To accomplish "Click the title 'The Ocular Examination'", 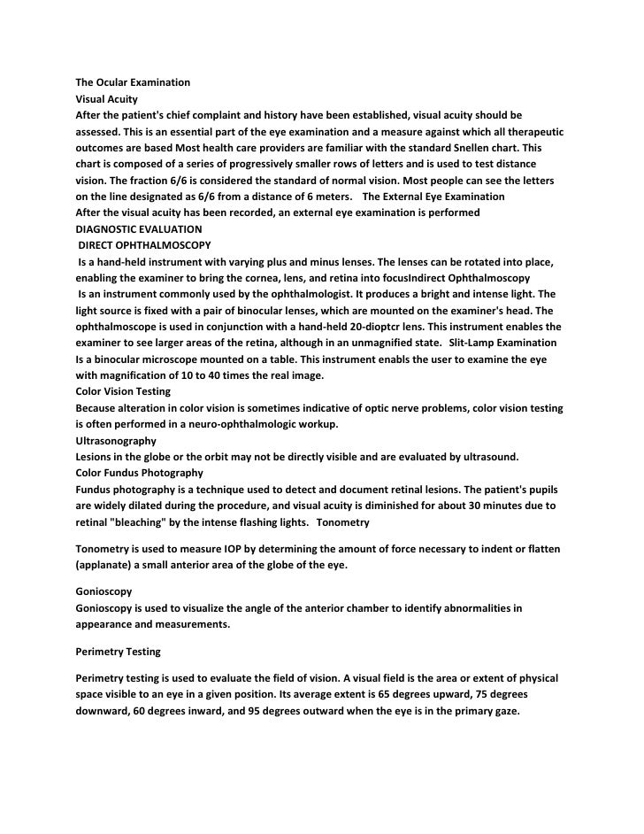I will [133, 82].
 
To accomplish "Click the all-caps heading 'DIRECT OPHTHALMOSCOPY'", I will [145, 244].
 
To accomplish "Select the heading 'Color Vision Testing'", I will [123, 391].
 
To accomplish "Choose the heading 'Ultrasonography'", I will [116, 440].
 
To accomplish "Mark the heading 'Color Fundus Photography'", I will [140, 473].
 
